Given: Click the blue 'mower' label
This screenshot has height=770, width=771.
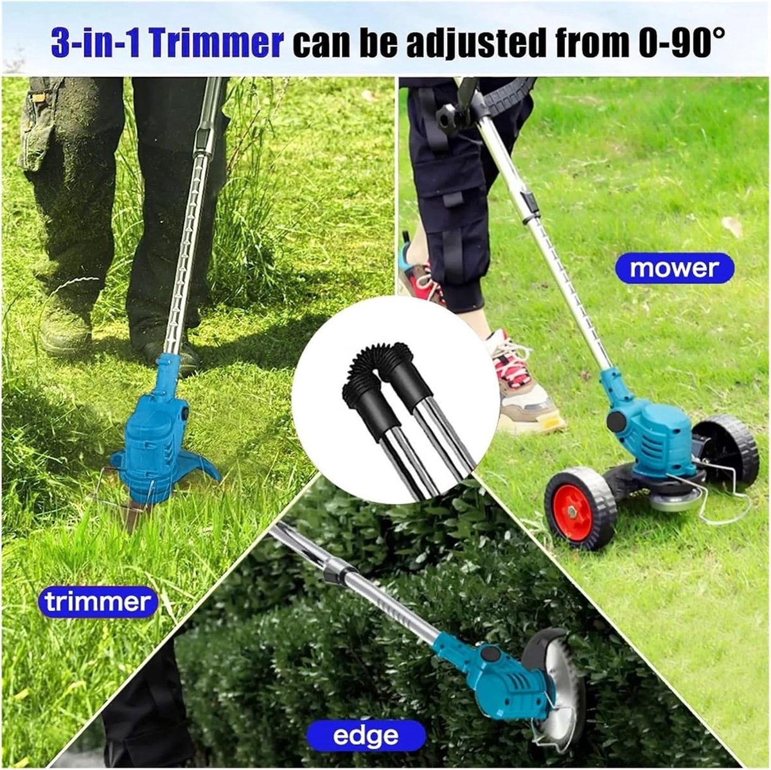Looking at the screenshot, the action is [x=675, y=268].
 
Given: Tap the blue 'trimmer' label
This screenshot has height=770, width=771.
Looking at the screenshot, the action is [x=98, y=602].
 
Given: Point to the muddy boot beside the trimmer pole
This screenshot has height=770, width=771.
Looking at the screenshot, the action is [x=66, y=329].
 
